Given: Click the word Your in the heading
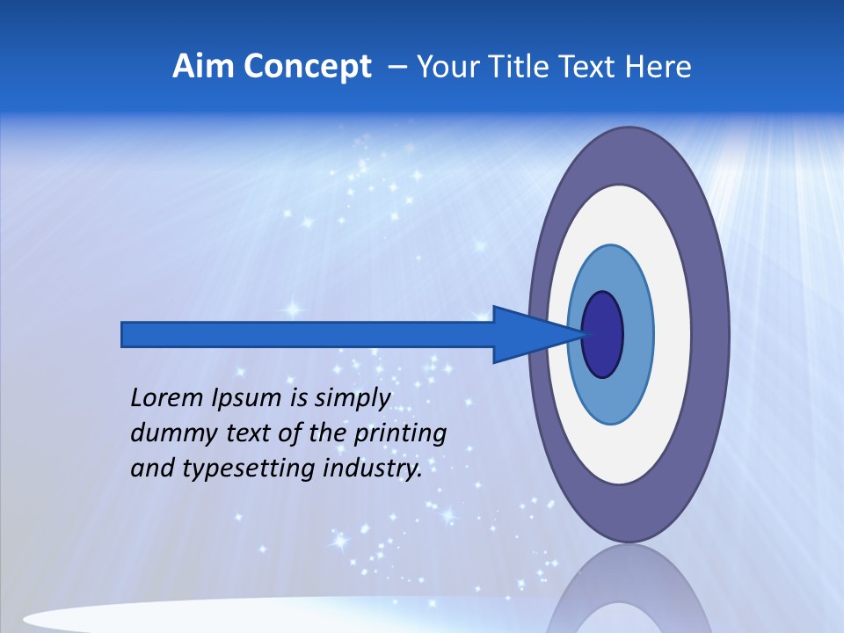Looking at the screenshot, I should tap(447, 67).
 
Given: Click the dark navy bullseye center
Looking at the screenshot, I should tap(603, 335).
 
